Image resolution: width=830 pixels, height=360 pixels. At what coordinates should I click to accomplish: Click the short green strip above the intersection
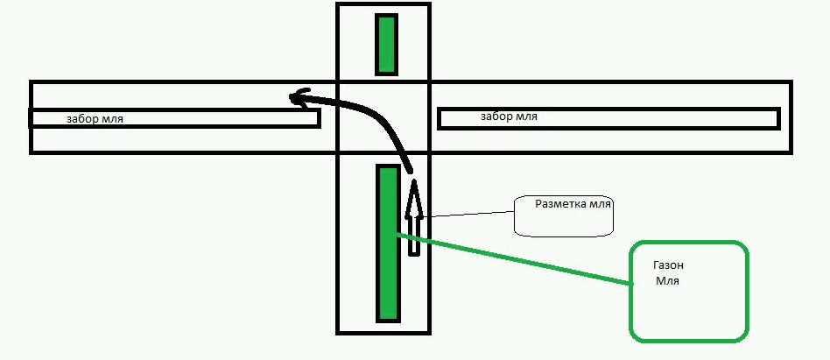point(386,44)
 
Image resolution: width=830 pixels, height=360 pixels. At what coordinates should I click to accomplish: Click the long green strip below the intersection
point(388,243)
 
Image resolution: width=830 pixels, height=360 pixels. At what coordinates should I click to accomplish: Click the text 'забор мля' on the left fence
point(100,118)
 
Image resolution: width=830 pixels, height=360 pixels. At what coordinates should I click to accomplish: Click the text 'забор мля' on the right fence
point(509,116)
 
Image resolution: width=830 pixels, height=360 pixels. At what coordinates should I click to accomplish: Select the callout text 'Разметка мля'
point(573,203)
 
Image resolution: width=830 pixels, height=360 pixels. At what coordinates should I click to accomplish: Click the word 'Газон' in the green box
point(669,265)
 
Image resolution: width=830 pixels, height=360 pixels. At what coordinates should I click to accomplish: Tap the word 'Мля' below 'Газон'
point(667,281)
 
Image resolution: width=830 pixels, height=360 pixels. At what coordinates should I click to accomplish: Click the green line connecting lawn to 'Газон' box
point(517,259)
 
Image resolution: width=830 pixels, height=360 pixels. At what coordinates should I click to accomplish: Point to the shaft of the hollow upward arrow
point(414,232)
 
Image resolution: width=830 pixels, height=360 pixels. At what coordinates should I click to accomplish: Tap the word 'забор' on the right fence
point(496,116)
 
